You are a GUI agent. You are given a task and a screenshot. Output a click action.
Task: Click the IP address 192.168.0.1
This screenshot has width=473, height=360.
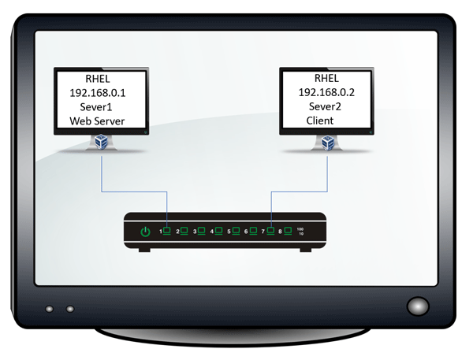click(98, 93)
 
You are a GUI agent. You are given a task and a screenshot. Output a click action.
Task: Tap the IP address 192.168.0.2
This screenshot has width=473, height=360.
click(326, 92)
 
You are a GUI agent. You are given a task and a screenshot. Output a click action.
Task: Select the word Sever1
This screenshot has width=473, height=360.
click(96, 107)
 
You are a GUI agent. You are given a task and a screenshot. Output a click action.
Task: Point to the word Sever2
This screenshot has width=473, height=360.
click(325, 106)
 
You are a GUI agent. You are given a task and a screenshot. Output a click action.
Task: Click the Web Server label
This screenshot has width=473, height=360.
click(97, 121)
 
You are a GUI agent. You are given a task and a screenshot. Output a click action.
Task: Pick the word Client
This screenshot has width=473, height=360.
click(320, 121)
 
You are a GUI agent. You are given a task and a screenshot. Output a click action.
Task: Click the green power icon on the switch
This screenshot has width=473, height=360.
click(145, 232)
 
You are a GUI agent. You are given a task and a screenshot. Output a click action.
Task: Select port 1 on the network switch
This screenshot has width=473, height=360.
click(166, 231)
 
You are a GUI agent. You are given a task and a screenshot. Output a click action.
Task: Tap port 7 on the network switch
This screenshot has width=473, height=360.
click(270, 231)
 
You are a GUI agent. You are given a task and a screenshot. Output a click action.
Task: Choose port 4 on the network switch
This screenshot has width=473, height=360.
click(218, 231)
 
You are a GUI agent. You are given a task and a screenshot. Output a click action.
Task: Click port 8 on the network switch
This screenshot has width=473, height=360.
click(288, 231)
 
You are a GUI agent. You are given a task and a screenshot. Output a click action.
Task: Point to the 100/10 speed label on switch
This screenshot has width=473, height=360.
click(300, 232)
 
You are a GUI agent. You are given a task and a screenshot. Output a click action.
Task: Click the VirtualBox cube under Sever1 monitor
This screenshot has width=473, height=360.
click(101, 142)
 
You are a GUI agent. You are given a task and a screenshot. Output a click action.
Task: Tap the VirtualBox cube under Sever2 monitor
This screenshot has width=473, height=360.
click(328, 143)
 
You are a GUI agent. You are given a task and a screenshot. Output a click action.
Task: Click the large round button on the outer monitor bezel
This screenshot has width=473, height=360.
click(418, 306)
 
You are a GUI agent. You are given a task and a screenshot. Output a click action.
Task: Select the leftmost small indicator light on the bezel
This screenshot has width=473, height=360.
click(49, 309)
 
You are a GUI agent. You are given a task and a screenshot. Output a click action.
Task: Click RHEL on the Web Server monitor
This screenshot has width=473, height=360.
click(98, 79)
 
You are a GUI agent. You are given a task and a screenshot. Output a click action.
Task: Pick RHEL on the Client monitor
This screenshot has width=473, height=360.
click(326, 78)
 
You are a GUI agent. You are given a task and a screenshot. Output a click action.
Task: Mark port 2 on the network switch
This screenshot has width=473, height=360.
click(184, 231)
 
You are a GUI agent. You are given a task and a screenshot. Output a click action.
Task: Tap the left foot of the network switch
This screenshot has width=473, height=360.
click(144, 250)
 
